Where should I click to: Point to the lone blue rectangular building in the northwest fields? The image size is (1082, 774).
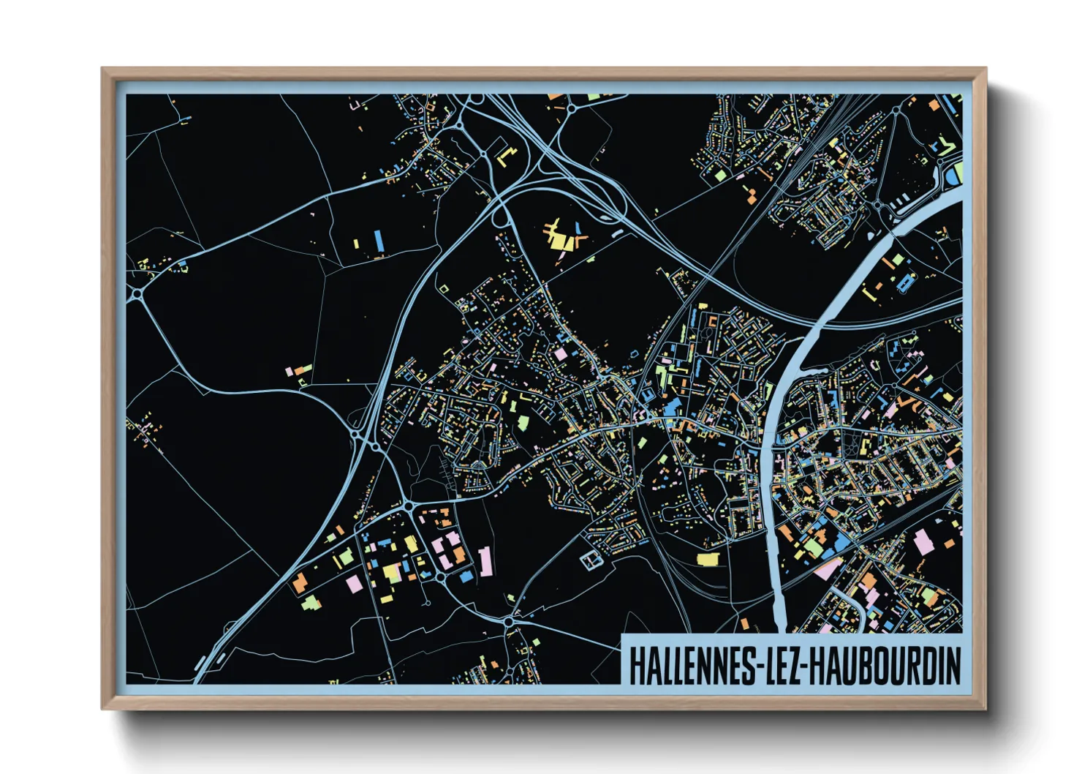[x=379, y=241]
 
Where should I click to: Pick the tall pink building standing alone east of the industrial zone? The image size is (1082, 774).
[x=485, y=561]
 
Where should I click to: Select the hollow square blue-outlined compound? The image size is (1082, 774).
[x=591, y=560]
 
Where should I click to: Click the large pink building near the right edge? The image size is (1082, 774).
[x=923, y=543]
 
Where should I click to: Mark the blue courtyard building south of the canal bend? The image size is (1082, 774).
[x=907, y=282]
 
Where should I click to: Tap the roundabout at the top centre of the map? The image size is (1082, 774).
[x=570, y=109]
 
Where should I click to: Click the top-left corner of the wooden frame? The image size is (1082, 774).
[x=102, y=68]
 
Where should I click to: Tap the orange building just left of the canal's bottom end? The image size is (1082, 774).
[x=744, y=624]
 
